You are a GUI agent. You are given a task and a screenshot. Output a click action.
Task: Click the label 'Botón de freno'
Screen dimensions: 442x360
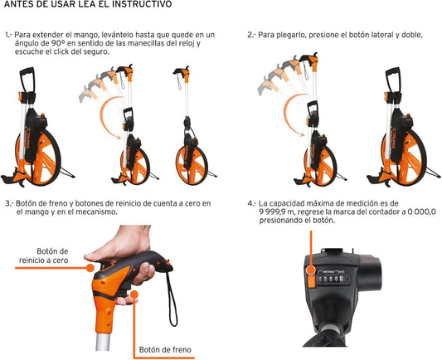tap(165, 349)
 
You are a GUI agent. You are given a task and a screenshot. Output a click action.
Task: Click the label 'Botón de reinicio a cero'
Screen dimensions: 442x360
tap(44, 255)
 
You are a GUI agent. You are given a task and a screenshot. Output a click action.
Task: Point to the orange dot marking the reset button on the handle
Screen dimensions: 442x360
tap(90, 268)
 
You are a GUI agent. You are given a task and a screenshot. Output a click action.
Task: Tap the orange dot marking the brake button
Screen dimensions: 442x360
tap(134, 294)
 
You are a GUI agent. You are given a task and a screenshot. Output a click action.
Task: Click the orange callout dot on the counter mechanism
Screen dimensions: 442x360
tap(311, 270)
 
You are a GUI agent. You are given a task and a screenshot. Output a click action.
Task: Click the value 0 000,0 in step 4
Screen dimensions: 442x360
tap(422, 212)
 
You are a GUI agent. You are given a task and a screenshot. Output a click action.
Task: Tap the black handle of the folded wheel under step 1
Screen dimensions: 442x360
tap(27, 80)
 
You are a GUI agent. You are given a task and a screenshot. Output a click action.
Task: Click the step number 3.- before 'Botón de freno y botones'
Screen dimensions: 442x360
tap(9, 203)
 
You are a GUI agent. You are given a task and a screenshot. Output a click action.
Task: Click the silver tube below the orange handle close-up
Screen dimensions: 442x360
tap(102, 342)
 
